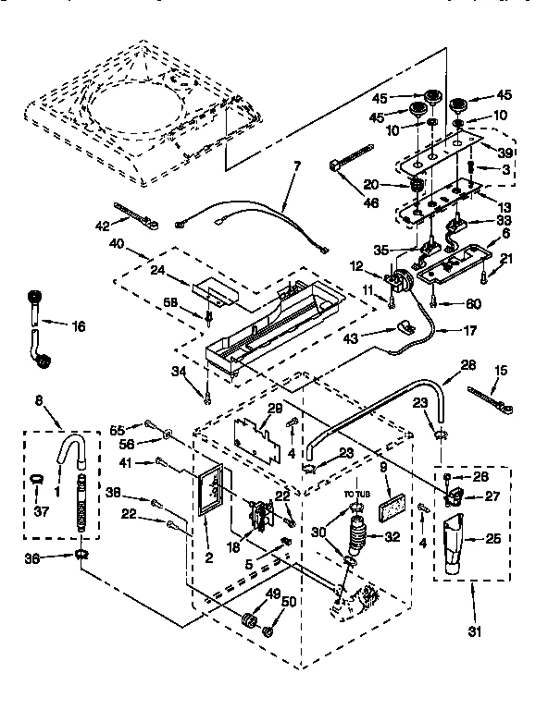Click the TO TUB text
[x=357, y=496]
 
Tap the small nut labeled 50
[x=268, y=631]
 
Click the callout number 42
[x=102, y=225]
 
